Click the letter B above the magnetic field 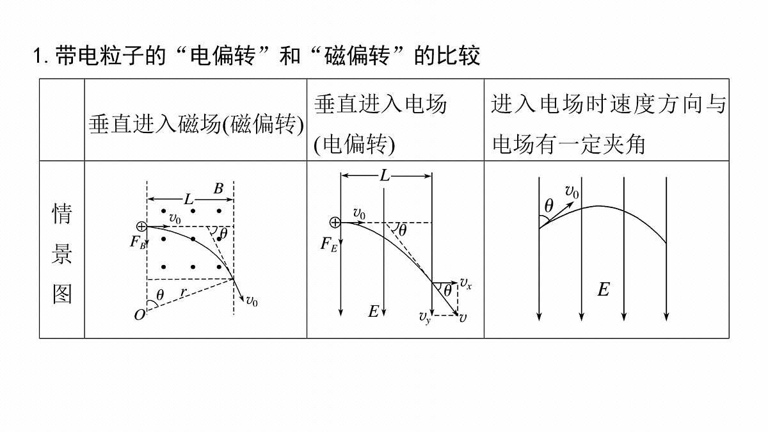[218, 188]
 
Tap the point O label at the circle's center [140, 315]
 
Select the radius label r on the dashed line [184, 292]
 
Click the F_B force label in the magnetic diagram [138, 243]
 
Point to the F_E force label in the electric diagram [329, 244]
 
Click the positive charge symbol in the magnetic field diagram [141, 227]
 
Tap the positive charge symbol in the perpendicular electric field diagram [335, 223]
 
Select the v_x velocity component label [466, 283]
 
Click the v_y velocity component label [424, 317]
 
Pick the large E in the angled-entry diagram [604, 289]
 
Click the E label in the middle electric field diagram [373, 311]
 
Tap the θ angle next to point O [160, 295]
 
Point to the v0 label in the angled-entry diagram [572, 192]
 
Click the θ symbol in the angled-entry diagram [549, 206]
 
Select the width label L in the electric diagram [385, 176]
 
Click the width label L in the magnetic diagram [189, 199]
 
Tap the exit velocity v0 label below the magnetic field [252, 301]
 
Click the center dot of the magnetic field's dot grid [193, 239]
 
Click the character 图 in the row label [62, 294]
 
